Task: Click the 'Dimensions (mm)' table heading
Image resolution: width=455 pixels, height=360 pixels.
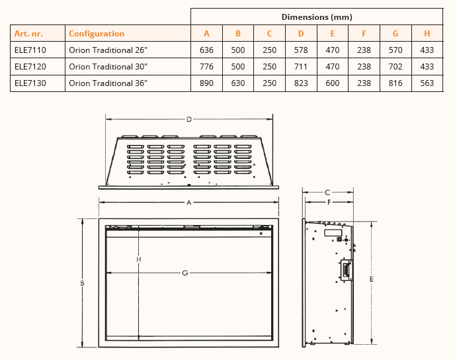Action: pos(317,17)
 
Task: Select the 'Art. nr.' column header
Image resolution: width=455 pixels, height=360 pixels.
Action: pos(28,34)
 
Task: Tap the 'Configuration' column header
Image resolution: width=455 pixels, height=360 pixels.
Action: pos(97,34)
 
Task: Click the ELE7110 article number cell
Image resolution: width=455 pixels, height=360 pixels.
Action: pos(30,50)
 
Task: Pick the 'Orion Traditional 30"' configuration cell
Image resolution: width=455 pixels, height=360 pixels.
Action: pos(108,67)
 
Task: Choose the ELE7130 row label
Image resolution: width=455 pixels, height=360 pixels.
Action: pos(30,83)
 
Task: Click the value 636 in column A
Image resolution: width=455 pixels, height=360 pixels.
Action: pos(206,50)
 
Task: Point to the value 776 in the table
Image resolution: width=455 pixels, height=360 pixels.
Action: pos(206,67)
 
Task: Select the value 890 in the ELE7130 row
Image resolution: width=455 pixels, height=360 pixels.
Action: pos(206,83)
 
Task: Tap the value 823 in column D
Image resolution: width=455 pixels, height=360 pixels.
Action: pos(301,83)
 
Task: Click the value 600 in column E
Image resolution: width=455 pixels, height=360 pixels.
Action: pos(332,83)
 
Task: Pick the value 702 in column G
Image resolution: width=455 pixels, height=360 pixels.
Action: pos(395,67)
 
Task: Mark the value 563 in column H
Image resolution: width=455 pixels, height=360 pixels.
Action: pos(427,83)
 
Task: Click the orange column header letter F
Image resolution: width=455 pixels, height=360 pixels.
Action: pos(364,34)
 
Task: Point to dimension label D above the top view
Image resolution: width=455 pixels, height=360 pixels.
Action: pos(189,119)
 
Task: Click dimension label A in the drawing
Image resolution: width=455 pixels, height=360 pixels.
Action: pos(188,202)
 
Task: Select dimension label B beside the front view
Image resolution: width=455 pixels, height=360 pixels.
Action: pos(83,283)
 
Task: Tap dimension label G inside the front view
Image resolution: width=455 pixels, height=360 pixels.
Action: pos(185,273)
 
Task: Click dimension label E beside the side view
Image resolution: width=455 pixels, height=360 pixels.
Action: pos(372,279)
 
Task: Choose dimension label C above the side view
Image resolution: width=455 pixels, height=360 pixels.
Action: pos(327,193)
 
